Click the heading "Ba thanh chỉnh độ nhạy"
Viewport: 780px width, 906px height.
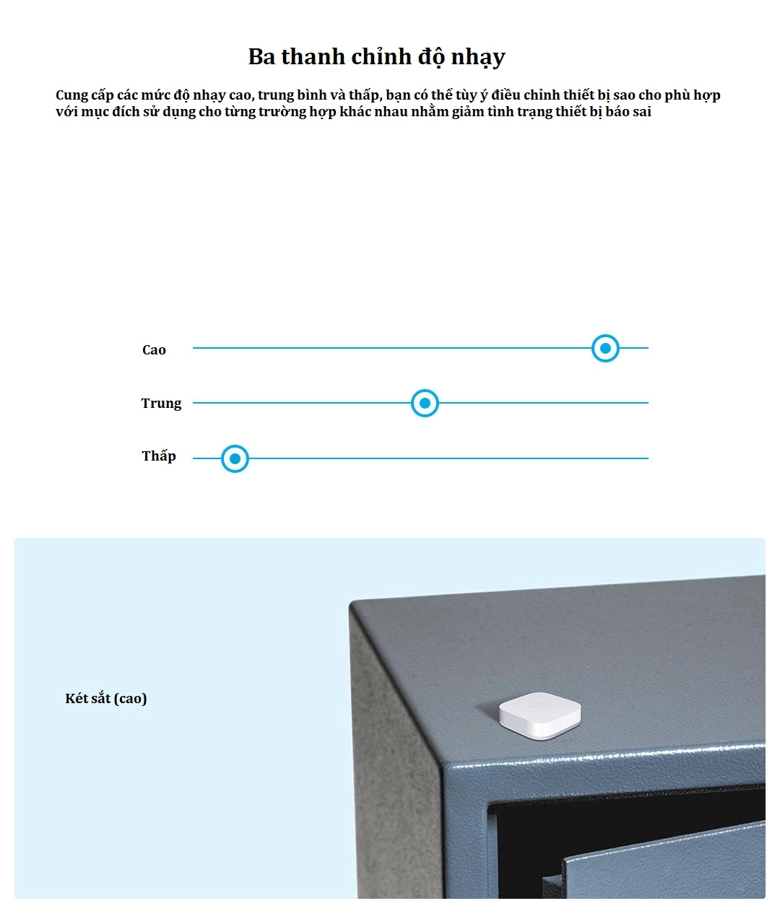pyautogui.click(x=376, y=56)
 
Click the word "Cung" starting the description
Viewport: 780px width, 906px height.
pyautogui.click(x=71, y=95)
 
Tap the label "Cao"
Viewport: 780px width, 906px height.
pyautogui.click(x=154, y=350)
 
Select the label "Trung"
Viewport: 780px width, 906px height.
pyautogui.click(x=161, y=404)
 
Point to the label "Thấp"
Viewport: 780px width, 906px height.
pyautogui.click(x=159, y=456)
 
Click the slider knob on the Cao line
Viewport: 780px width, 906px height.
pyautogui.click(x=605, y=348)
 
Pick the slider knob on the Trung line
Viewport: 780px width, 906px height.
pyautogui.click(x=425, y=403)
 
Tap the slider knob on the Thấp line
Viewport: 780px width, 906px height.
pyautogui.click(x=235, y=458)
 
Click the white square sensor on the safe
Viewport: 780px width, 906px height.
pyautogui.click(x=539, y=715)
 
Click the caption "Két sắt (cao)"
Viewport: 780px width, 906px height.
pyautogui.click(x=106, y=698)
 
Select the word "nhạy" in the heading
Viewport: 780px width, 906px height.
pyautogui.click(x=478, y=57)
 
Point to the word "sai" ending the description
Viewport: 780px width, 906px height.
pyautogui.click(x=641, y=112)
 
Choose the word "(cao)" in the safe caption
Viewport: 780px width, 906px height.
pyautogui.click(x=130, y=698)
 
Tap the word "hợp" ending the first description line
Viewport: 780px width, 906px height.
pyautogui.click(x=707, y=95)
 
